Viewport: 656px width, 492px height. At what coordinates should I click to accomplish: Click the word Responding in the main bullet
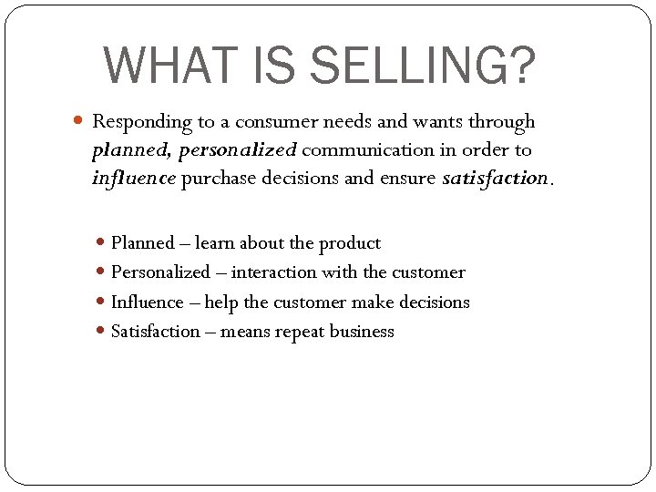[136, 121]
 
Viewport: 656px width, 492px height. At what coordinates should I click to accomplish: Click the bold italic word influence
[133, 179]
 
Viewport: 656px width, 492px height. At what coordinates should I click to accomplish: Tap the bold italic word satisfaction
[496, 179]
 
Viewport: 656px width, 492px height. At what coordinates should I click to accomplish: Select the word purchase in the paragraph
[220, 179]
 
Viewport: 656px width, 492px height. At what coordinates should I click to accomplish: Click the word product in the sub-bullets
[350, 243]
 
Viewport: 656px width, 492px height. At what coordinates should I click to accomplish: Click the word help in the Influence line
[222, 302]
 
